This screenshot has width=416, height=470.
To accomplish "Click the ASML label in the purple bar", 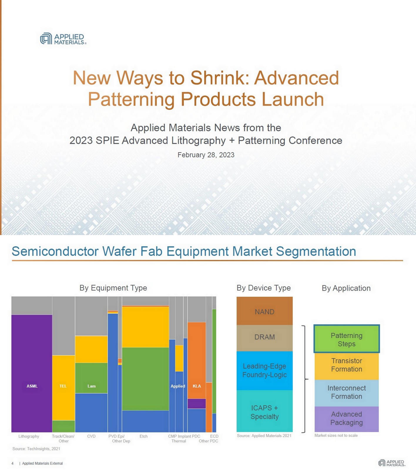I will click(x=32, y=386).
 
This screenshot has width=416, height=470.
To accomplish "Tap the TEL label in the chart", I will click(x=63, y=386).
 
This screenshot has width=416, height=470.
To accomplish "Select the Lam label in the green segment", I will click(x=91, y=386).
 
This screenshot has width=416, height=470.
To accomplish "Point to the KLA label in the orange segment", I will click(x=197, y=386).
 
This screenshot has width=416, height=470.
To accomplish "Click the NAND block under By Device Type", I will click(x=264, y=311).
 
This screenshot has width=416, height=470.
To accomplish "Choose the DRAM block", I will click(x=264, y=337).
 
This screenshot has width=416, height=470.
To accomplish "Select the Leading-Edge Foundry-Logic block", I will click(x=264, y=370).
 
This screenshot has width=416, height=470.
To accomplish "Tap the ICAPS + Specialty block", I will click(x=264, y=412).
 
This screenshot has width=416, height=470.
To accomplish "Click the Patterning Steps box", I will click(x=346, y=340).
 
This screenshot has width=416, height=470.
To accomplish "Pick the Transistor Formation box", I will click(x=346, y=365).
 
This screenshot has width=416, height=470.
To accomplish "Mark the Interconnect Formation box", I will click(x=346, y=392).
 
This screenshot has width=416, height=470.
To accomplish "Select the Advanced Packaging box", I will click(x=346, y=418).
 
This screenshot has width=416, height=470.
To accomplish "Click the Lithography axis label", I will click(x=29, y=436).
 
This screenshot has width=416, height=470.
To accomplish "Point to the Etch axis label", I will click(x=144, y=436).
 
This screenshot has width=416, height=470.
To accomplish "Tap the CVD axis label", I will click(x=91, y=436).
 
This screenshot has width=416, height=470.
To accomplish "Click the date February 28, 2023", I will click(x=206, y=155).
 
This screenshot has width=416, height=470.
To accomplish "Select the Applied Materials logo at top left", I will click(x=63, y=39).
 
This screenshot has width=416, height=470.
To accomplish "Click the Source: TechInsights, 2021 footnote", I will click(x=36, y=449).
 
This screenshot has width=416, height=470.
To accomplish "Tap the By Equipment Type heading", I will click(x=113, y=288).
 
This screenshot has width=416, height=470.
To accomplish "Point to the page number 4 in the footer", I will click(x=12, y=463).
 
